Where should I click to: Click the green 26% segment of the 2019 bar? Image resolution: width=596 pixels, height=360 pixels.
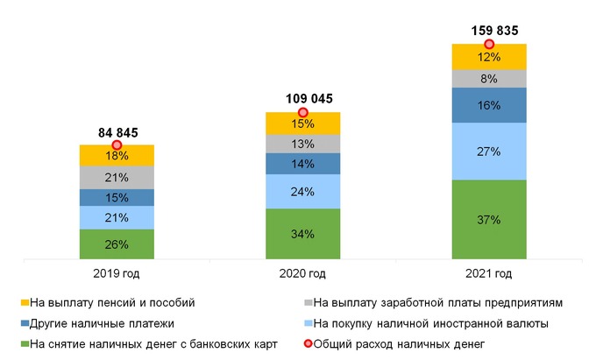tap(117, 244)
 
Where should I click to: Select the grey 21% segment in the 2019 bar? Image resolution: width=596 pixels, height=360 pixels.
tap(117, 178)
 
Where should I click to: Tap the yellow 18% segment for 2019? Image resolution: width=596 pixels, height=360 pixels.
tap(117, 156)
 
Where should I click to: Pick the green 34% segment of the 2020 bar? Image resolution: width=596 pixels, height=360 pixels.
tap(302, 234)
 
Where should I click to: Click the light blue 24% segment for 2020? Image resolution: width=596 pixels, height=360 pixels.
tap(302, 192)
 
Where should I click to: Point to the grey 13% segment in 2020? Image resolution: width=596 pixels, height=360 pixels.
tap(302, 144)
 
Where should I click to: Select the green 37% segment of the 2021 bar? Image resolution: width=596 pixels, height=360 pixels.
tap(488, 219)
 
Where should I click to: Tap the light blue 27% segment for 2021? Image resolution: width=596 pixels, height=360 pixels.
tap(488, 152)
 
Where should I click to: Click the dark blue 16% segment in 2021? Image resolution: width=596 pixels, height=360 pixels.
tap(488, 105)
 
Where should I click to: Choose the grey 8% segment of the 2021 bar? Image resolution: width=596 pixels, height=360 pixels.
tap(488, 79)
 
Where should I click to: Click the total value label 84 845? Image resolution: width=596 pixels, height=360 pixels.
tap(117, 132)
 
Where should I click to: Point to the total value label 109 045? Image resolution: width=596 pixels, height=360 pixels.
tap(303, 99)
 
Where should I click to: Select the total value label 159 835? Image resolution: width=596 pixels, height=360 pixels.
tap(489, 32)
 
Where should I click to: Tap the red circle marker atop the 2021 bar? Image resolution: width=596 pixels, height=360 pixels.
tap(489, 44)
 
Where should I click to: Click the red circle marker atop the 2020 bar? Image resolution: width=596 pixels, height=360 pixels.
tap(303, 112)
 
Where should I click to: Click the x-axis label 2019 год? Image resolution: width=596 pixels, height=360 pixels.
tap(117, 274)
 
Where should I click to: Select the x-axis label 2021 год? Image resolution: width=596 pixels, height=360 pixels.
tap(489, 274)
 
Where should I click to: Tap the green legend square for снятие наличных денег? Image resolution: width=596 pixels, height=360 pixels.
tap(24, 344)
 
